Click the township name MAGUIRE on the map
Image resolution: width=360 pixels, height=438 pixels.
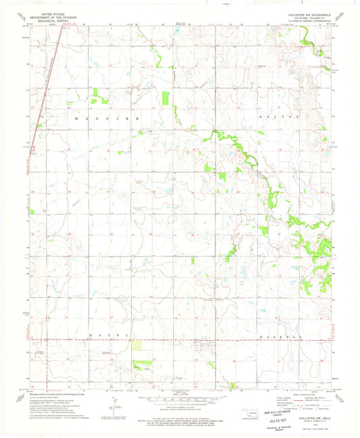(108, 118)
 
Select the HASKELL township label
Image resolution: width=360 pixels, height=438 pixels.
(279, 335)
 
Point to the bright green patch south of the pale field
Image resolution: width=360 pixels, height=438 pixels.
(140, 368)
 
